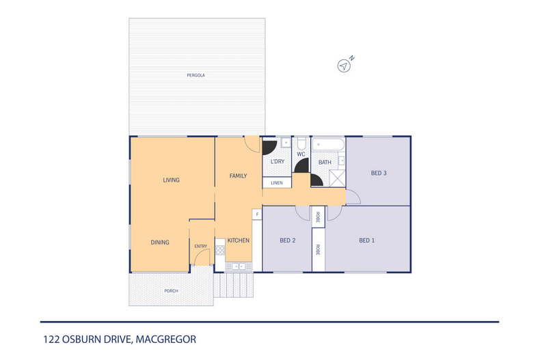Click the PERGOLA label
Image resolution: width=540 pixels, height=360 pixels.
[196, 74]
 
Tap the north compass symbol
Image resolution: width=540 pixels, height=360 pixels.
[345, 66]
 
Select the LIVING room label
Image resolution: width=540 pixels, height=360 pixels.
[171, 180]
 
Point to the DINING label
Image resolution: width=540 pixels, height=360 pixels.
[160, 242]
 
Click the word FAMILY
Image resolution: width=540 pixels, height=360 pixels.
[238, 176]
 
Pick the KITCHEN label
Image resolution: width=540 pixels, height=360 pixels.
[238, 240]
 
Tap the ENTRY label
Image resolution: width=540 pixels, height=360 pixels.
[200, 246]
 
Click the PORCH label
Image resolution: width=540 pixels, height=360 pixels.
[171, 291]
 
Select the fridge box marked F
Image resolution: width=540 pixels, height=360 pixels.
[257, 214]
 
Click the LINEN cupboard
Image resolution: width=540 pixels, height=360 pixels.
[277, 183]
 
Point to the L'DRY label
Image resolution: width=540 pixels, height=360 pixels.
[277, 161]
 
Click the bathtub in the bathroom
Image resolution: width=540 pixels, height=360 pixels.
[329, 145]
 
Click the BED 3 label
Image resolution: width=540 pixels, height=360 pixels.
[379, 173]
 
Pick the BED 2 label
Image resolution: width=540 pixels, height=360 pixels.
[287, 240]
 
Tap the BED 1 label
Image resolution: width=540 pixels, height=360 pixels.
[367, 240]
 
